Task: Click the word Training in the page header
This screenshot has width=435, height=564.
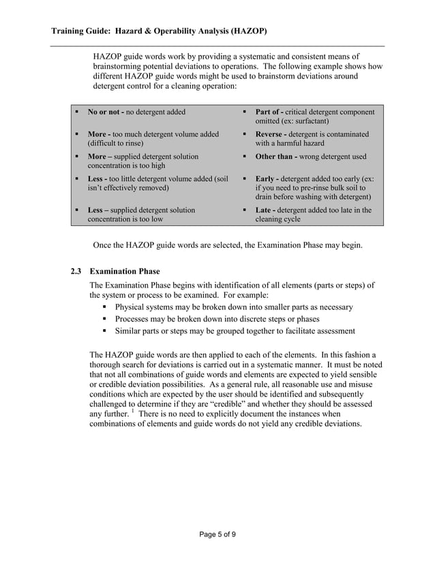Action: click(71, 31)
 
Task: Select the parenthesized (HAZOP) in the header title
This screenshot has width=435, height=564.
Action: click(244, 31)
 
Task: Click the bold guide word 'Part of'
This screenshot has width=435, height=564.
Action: click(268, 112)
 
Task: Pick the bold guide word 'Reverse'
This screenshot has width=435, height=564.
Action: click(270, 135)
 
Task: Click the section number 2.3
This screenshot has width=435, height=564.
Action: click(77, 271)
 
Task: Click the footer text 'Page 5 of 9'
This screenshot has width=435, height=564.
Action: click(217, 534)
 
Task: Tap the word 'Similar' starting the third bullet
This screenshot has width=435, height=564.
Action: click(129, 331)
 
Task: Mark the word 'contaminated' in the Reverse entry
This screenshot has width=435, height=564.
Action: click(345, 135)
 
